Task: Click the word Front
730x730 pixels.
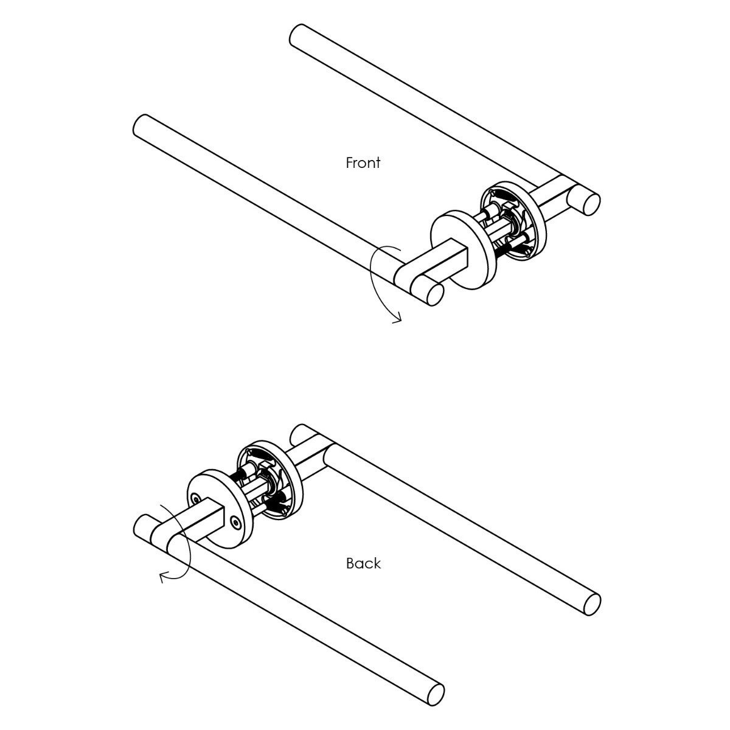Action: (363, 163)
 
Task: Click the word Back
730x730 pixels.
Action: (363, 563)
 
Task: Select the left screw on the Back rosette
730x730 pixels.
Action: (195, 498)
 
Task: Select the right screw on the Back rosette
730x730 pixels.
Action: (235, 521)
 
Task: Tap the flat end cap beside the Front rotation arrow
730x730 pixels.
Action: (434, 294)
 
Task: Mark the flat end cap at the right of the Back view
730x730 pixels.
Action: (591, 604)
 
